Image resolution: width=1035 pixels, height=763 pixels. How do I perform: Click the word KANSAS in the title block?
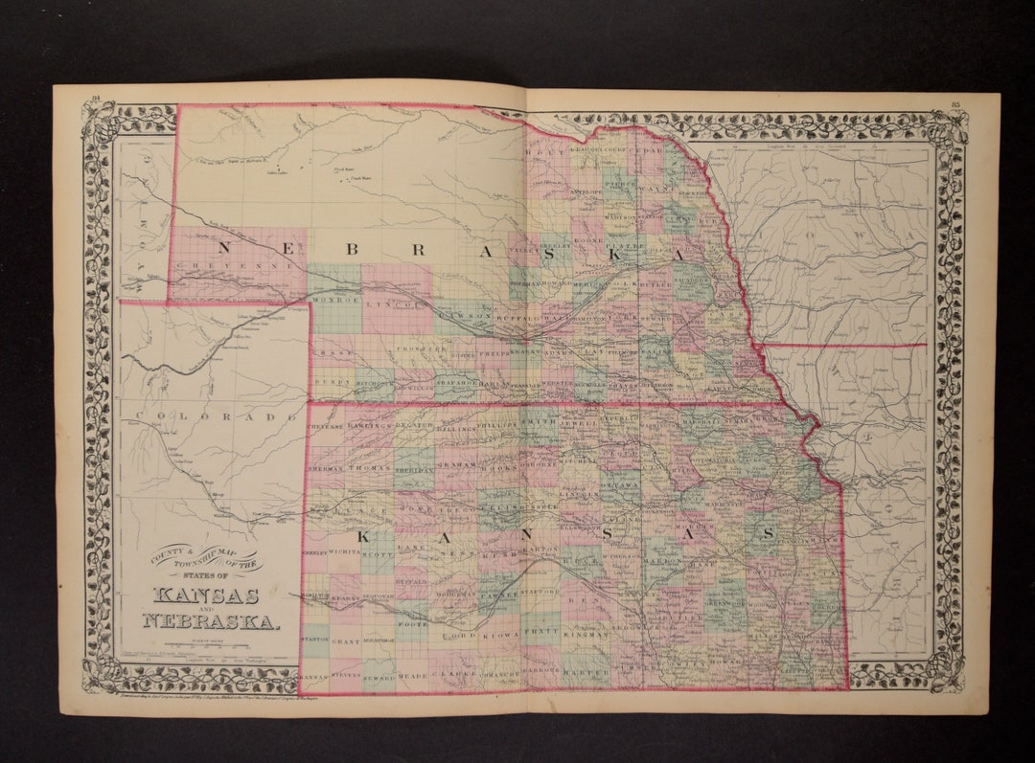tap(205, 595)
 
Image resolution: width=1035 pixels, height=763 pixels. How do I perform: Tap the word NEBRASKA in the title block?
tap(212, 621)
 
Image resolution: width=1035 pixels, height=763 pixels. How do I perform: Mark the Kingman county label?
tap(586, 634)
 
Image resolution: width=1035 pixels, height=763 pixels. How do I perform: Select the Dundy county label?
tap(333, 381)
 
